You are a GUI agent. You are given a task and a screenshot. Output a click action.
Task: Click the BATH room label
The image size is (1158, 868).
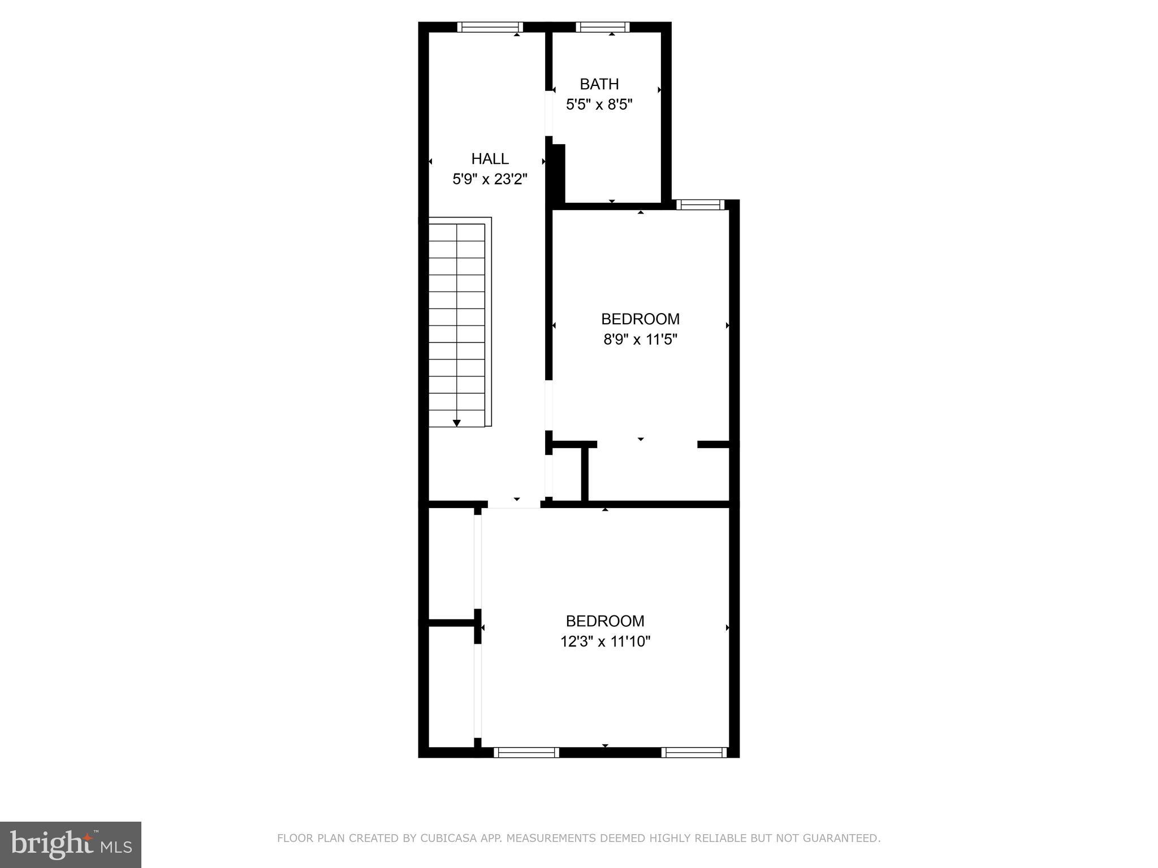(x=599, y=84)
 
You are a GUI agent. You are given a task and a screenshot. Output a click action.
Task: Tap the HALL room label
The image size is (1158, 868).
(x=490, y=159)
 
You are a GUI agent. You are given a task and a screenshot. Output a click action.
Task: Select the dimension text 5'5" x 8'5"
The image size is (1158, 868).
(x=599, y=105)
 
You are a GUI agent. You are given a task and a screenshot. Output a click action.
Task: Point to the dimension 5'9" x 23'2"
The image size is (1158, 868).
(x=490, y=180)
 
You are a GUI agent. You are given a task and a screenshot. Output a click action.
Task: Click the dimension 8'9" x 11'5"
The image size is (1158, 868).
(x=640, y=340)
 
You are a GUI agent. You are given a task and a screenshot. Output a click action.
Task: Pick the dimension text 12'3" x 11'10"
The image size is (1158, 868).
(x=605, y=642)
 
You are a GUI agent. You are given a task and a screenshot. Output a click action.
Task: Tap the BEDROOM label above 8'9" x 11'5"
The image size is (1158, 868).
(x=640, y=319)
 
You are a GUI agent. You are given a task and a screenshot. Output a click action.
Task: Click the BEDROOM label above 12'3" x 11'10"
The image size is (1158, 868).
(x=605, y=621)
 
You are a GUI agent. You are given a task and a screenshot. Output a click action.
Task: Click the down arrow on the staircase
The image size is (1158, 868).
(x=457, y=423)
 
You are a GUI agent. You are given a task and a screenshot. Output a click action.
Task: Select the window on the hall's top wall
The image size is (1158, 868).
(x=490, y=27)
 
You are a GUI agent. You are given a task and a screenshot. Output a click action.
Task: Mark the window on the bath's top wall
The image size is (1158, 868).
(x=602, y=27)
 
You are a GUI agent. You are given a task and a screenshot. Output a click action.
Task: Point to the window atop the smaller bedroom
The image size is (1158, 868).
(x=700, y=205)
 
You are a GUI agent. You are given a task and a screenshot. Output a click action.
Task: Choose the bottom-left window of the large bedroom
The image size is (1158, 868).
(x=526, y=752)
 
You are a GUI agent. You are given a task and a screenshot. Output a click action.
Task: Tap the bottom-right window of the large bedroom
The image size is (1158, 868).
(x=693, y=752)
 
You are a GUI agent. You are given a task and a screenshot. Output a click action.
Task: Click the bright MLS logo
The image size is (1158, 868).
(x=71, y=845)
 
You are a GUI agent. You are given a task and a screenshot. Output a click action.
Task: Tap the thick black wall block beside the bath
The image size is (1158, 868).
(x=558, y=173)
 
